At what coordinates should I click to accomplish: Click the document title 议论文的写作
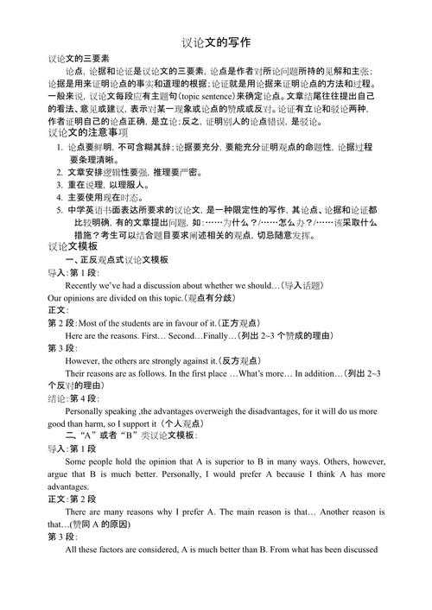click(216, 41)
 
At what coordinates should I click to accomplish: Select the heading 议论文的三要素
click(81, 58)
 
